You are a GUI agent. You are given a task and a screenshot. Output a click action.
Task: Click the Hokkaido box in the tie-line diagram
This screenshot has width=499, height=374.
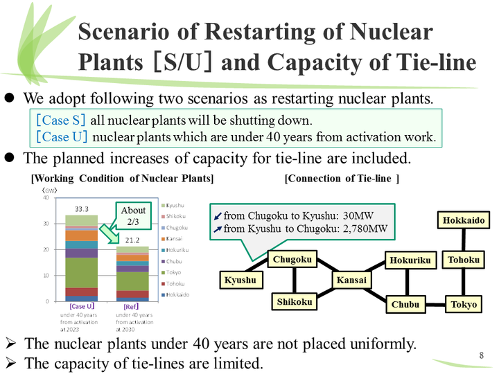coord(464,221)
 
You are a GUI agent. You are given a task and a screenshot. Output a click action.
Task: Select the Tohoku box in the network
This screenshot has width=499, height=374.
coord(464,260)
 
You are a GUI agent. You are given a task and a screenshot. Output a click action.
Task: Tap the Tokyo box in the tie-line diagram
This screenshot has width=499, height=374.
coord(463,305)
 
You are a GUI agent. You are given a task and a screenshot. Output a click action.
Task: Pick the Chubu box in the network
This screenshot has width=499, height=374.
coord(405,305)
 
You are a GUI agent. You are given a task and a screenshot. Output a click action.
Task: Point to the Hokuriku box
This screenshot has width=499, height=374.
coord(410,260)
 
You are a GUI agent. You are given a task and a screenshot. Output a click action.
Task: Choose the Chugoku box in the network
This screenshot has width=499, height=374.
coord(292,260)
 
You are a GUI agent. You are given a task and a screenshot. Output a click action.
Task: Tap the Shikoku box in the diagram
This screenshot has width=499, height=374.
coord(294,302)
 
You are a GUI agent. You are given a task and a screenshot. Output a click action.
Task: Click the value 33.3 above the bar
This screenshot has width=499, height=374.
coord(82,208)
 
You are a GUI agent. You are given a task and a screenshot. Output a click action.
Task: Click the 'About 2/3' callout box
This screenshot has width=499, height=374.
coord(133,215)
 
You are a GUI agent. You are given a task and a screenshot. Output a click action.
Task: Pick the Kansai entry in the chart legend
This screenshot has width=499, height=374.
coord(176,238)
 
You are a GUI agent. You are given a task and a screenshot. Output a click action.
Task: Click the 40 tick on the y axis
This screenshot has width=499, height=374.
coord(45,197)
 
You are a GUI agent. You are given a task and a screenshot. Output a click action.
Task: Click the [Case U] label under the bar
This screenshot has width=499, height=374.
coord(82,306)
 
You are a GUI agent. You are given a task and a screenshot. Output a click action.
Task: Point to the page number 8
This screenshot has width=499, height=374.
coord(481,356)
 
